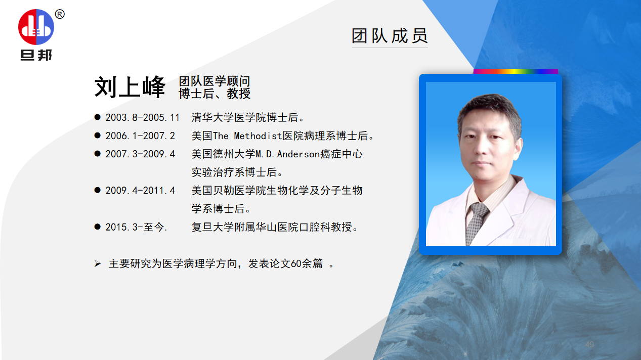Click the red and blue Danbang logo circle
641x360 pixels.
[36, 27]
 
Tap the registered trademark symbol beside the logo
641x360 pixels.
[60, 15]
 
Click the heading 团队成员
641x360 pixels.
[390, 35]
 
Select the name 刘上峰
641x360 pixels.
[130, 87]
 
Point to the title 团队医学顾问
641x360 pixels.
[214, 81]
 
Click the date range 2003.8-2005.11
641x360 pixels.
[142, 118]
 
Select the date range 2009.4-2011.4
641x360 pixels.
[140, 191]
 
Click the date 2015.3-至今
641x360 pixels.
[136, 227]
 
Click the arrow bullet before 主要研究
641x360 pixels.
[98, 264]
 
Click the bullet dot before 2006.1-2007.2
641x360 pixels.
[97, 136]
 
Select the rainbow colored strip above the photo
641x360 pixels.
[515, 71]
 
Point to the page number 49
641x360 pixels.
[589, 344]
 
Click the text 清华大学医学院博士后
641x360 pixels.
[245, 118]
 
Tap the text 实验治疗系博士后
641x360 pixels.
[234, 172]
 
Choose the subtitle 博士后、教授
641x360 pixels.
[215, 94]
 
